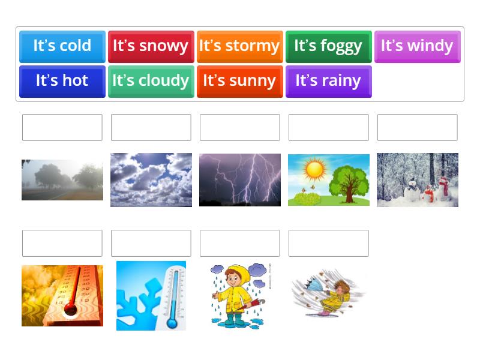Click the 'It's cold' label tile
click(62, 46)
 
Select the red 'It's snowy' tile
click(151, 46)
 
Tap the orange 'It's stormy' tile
click(239, 46)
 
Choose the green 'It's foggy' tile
click(328, 46)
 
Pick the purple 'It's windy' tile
click(417, 46)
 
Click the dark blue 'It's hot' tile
click(62, 81)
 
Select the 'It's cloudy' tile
click(151, 81)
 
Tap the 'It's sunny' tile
click(239, 81)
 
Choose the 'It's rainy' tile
click(328, 81)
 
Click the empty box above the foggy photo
click(62, 127)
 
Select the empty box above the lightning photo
click(239, 127)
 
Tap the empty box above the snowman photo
click(417, 127)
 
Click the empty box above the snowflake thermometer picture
click(151, 243)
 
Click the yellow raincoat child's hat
click(238, 272)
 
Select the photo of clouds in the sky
click(151, 179)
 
